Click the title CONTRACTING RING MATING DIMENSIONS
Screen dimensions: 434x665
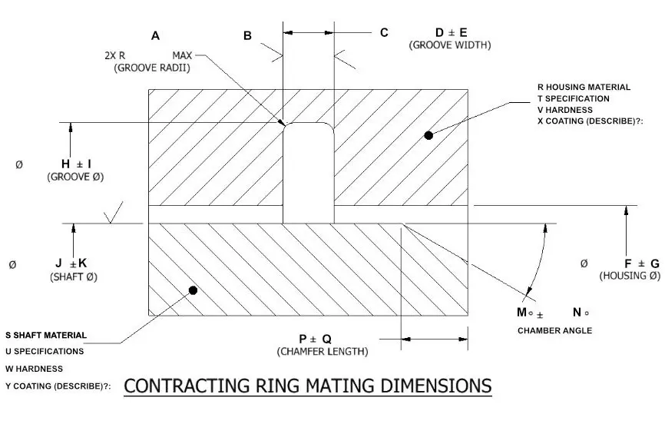coord(307,385)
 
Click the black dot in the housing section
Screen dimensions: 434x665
coord(428,135)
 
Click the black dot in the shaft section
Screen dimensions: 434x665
coord(193,290)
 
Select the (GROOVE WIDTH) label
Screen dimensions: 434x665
coord(450,45)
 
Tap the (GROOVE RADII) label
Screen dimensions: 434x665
coord(152,68)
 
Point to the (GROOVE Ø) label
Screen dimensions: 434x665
coord(75,177)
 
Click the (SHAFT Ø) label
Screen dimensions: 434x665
coord(74,276)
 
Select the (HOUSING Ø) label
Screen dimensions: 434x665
coord(630,276)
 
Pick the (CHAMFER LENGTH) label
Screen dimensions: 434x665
coord(323,352)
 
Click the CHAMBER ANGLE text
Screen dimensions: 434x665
coord(554,330)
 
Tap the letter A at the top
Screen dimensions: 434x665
coord(156,35)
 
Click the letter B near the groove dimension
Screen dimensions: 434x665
coord(247,35)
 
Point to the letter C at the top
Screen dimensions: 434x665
coord(384,33)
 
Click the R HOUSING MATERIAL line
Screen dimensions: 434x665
coord(584,87)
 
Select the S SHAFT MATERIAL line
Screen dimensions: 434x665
coord(46,335)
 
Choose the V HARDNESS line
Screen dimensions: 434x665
coord(564,110)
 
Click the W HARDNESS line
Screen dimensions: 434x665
coord(34,369)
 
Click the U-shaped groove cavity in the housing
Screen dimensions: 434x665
coord(309,173)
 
